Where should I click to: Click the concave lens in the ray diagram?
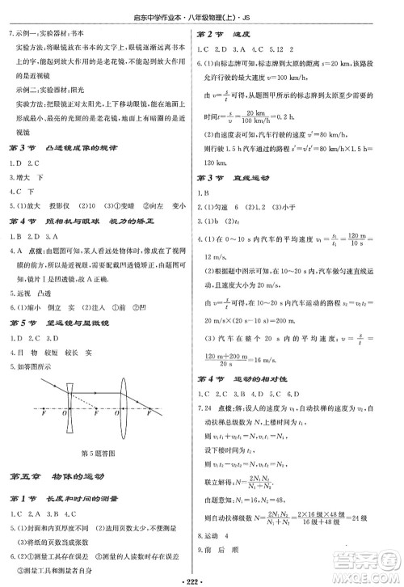point(74,409)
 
